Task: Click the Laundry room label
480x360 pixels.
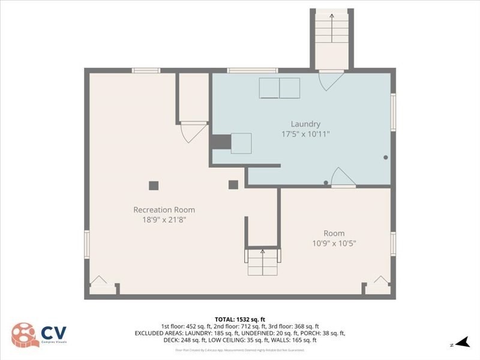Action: (x=305, y=124)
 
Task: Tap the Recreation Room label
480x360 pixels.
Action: (x=164, y=210)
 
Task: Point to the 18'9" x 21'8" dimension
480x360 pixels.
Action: (x=164, y=220)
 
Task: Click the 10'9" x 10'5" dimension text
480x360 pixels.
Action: (x=334, y=243)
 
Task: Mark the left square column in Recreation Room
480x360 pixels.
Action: (x=154, y=185)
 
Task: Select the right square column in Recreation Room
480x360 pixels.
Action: (x=233, y=185)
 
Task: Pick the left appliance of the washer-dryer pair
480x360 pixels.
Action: (x=269, y=88)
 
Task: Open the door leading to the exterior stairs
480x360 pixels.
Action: (x=331, y=80)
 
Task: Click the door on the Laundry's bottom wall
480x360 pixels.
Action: (x=343, y=178)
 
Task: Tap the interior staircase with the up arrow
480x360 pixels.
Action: (x=262, y=262)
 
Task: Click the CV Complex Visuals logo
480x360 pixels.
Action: (x=40, y=334)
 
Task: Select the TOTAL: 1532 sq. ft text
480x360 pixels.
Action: (x=240, y=319)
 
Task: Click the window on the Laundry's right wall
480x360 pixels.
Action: (x=394, y=112)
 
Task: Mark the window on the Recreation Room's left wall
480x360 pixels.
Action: (x=86, y=245)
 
